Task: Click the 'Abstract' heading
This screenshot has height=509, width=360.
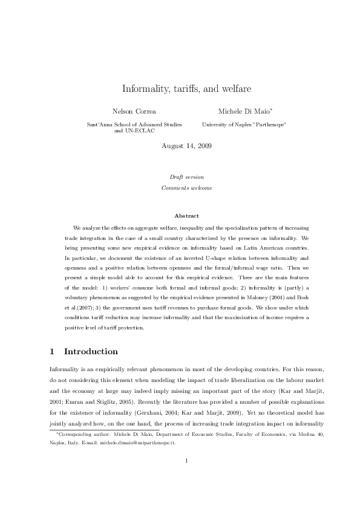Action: (x=186, y=216)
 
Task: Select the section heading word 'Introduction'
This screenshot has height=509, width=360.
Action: (x=91, y=351)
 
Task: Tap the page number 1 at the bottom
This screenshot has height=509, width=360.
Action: (x=187, y=478)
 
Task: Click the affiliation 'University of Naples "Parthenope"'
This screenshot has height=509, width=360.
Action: (x=244, y=124)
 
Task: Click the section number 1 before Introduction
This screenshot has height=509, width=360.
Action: (x=52, y=351)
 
